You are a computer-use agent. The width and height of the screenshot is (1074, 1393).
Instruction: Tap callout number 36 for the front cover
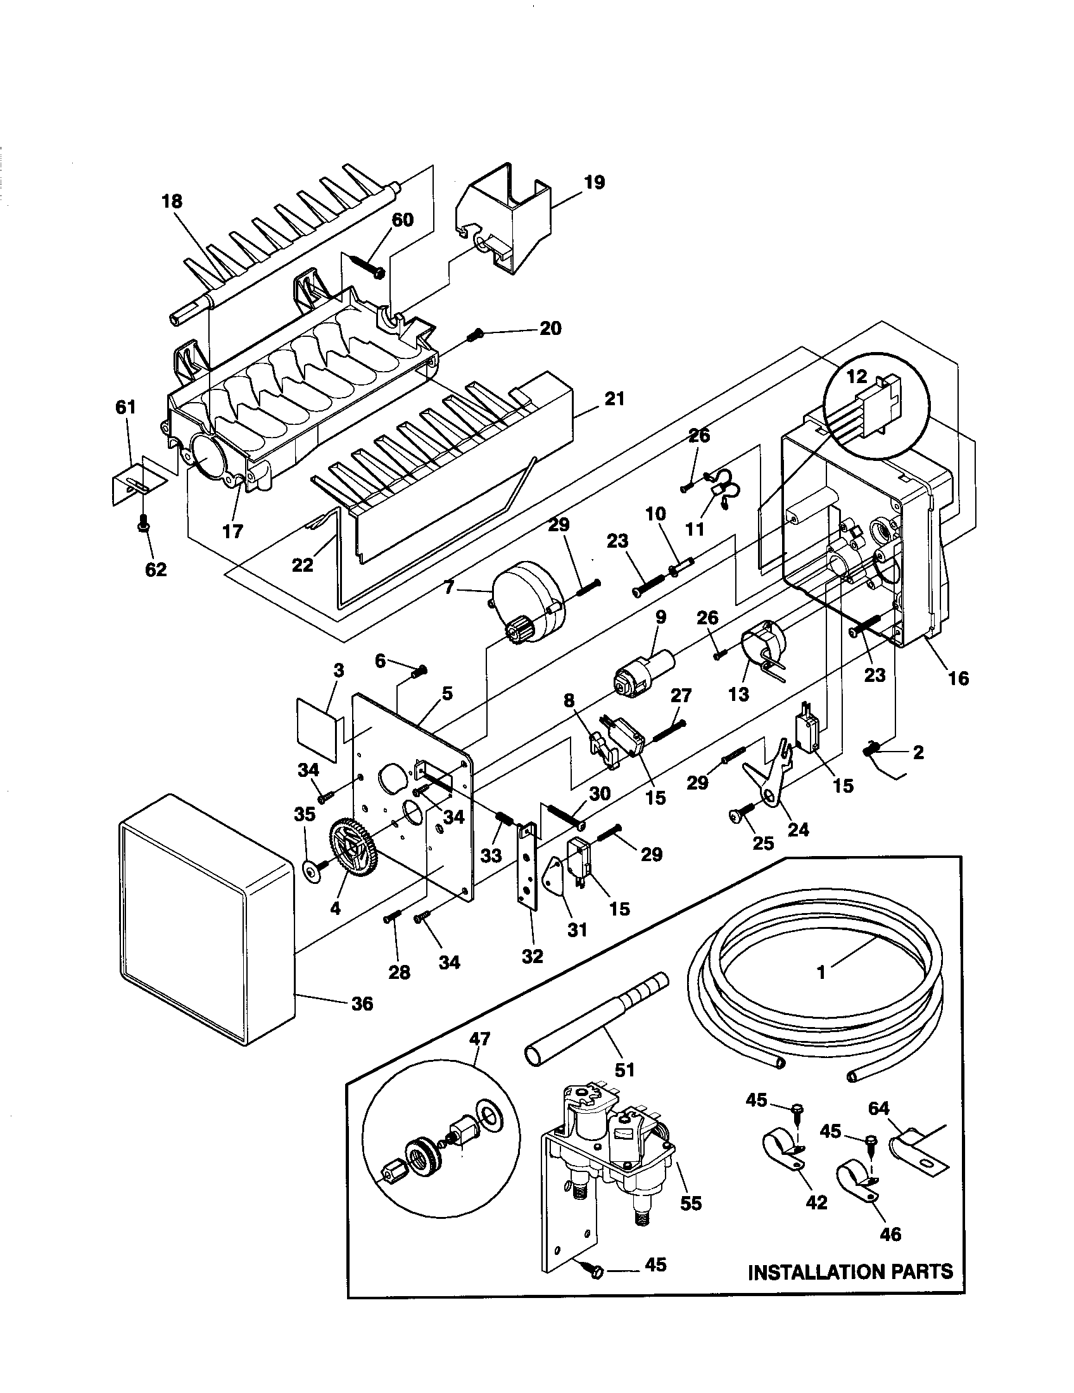click(362, 1004)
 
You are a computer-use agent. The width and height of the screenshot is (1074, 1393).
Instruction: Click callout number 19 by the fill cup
click(593, 182)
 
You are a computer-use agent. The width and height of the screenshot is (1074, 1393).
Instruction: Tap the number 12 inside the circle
click(857, 376)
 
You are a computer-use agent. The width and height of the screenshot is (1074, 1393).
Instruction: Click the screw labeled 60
click(369, 266)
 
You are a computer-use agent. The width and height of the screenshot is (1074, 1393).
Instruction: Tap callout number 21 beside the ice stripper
click(615, 400)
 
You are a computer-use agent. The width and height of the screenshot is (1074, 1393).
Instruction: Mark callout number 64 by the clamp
click(878, 1109)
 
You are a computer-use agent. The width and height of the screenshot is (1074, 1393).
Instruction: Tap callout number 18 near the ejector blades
click(172, 201)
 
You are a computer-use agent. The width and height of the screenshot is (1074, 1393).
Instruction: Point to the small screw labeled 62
click(143, 524)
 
